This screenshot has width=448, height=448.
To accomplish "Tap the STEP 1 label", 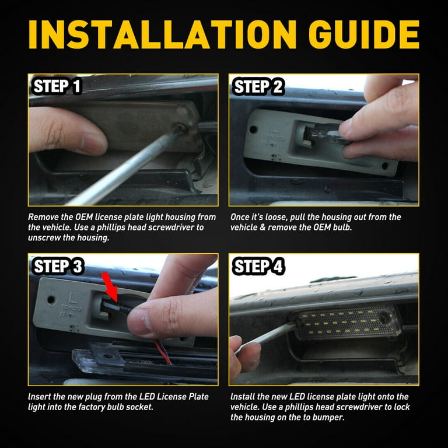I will (57, 87).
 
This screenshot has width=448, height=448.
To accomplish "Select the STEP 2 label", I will (258, 87).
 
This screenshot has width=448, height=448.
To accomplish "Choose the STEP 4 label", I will (259, 267).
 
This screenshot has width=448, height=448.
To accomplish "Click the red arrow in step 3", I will (109, 284).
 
